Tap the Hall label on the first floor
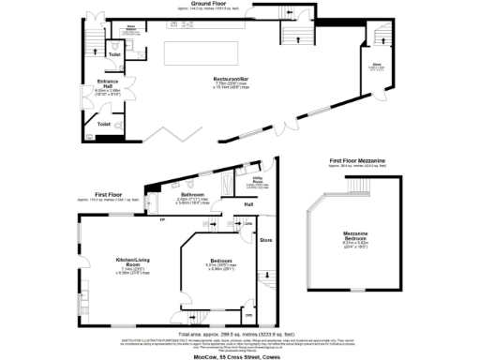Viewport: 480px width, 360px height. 249,204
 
